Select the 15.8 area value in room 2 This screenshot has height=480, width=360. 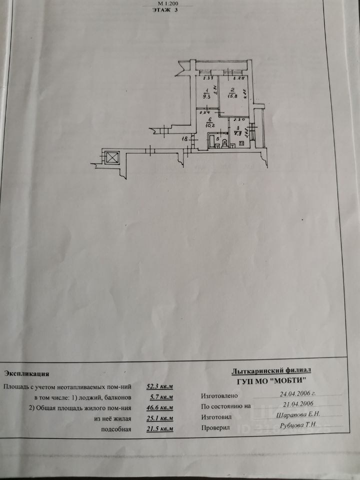point(232,96)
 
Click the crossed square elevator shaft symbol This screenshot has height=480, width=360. point(112,157)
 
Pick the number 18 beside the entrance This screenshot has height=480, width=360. point(184,138)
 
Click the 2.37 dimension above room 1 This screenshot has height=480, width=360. point(208,78)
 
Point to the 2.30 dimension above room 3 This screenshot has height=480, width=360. point(238,119)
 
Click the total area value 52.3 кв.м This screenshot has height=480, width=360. point(159,386)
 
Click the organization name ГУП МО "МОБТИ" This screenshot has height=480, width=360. point(271,380)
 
